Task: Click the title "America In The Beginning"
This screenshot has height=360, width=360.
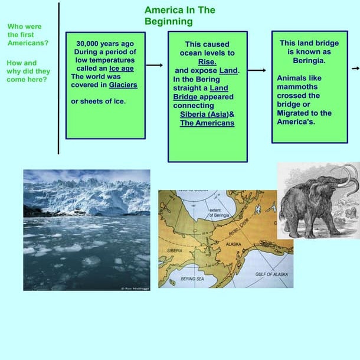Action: [x=179, y=16]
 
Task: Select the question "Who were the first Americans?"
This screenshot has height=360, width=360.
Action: [x=28, y=35]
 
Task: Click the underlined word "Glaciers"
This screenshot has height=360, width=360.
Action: [x=123, y=84]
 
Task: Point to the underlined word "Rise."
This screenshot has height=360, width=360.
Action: [x=207, y=62]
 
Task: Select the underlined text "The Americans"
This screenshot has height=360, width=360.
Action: [x=207, y=123]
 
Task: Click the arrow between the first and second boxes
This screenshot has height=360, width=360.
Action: [x=155, y=65]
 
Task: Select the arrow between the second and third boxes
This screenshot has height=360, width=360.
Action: [x=258, y=70]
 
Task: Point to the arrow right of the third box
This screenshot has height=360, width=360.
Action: [x=355, y=68]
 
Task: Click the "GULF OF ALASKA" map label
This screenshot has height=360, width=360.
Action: [x=271, y=274]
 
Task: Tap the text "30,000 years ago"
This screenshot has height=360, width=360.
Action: [x=105, y=43]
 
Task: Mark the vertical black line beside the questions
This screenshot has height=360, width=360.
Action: [x=58, y=77]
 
